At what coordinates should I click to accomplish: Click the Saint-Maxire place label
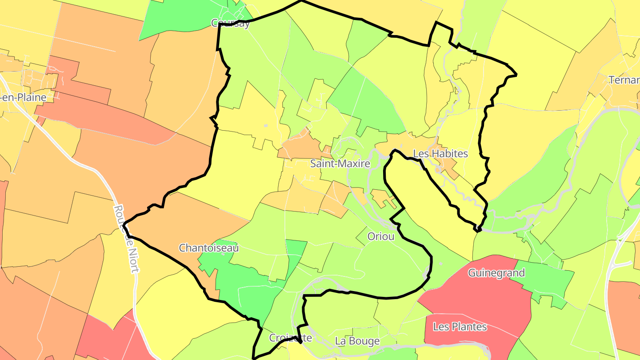tap(340, 164)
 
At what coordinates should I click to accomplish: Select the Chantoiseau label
tap(208, 248)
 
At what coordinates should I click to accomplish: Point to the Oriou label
tap(380, 236)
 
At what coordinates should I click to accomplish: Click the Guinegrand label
tap(496, 273)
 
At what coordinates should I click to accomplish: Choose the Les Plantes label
tap(460, 327)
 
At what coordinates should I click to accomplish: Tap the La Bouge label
tap(357, 341)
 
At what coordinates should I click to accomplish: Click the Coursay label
tap(230, 24)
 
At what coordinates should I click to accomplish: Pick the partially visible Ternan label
tap(624, 80)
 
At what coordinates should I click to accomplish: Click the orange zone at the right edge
tap(624, 311)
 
